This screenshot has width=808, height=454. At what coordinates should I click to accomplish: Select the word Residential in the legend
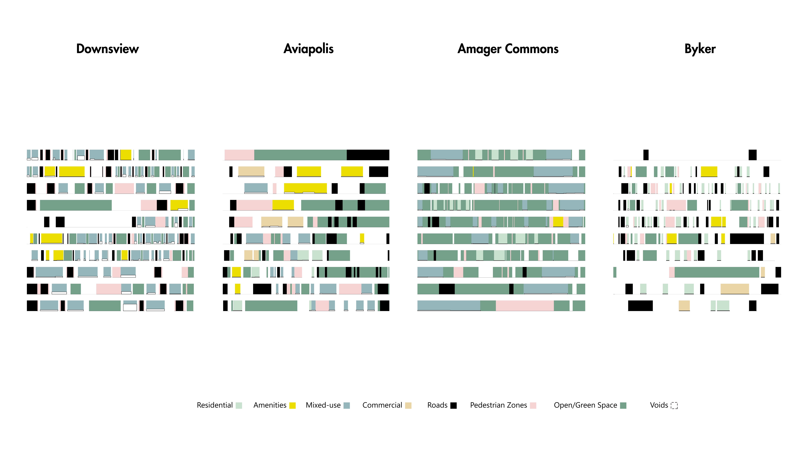pyautogui.click(x=215, y=405)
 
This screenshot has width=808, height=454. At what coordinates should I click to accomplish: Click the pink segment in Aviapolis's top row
pyautogui.click(x=239, y=155)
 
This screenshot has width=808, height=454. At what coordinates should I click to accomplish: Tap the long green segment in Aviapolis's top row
pyautogui.click(x=300, y=155)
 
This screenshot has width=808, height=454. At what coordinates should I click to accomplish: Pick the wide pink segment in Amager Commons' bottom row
pyautogui.click(x=524, y=305)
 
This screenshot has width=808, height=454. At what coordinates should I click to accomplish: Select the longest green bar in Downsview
pyautogui.click(x=76, y=205)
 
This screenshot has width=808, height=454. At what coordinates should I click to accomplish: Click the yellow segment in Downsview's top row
pyautogui.click(x=126, y=155)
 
